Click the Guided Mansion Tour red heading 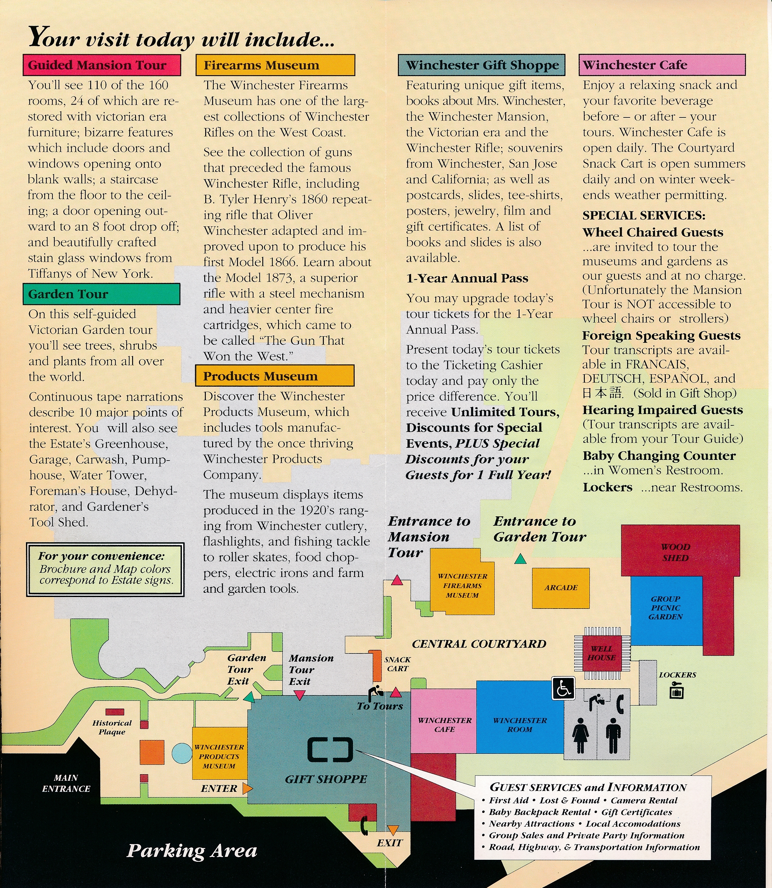(x=102, y=65)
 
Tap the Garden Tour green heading (x=101, y=294)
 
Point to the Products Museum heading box (x=274, y=376)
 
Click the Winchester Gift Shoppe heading (x=481, y=65)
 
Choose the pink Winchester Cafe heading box (x=662, y=65)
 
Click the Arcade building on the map (x=561, y=588)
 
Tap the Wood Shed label (x=676, y=552)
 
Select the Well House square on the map (x=602, y=653)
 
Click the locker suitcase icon (x=676, y=692)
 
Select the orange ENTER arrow (x=247, y=788)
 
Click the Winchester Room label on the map (x=520, y=725)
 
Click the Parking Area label (x=192, y=851)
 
